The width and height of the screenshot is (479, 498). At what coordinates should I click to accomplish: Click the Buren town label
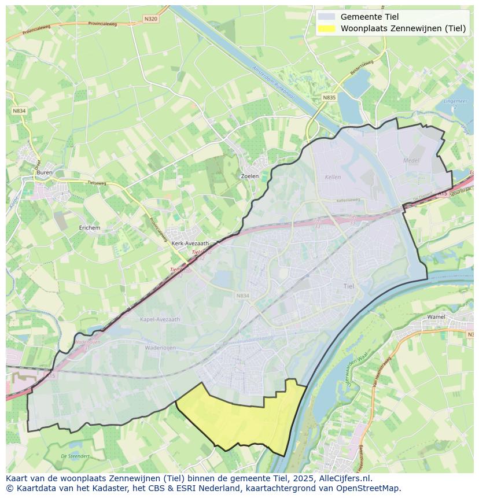pos(44,172)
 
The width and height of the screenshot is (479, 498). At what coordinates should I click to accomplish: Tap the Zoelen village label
pos(249,176)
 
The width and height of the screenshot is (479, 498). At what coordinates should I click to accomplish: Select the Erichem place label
pos(90,228)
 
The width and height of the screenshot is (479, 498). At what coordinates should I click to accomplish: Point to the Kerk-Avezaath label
pos(190,244)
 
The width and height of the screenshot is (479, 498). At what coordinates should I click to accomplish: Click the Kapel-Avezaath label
pos(160,319)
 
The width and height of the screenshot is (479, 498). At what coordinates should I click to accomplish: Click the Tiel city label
pos(349,286)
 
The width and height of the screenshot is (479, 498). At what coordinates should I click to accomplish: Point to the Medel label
pos(411,160)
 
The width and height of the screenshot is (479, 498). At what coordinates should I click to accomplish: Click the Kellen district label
pos(333,177)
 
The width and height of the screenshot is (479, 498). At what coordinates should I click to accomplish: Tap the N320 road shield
pos(150,19)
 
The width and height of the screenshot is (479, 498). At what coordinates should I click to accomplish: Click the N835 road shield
pos(329,98)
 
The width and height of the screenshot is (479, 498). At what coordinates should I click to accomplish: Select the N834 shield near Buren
pos(19,110)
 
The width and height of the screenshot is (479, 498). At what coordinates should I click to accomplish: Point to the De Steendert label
pos(75,456)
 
